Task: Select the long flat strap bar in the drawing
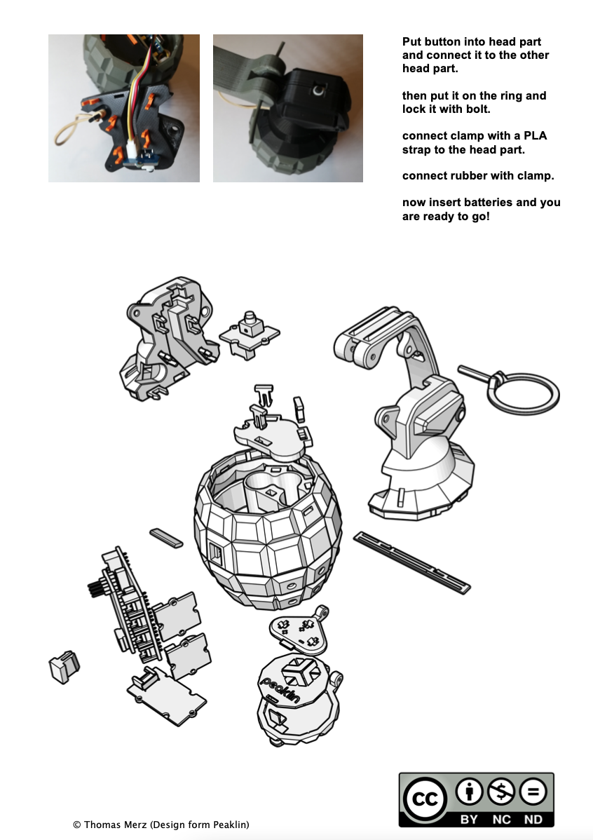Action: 411,562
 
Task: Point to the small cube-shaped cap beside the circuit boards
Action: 64,666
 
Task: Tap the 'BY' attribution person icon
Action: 470,791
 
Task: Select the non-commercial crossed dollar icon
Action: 501,791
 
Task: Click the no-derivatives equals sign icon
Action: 533,791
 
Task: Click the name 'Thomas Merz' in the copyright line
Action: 115,825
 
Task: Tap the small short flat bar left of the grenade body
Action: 166,538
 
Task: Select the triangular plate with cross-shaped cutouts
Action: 299,630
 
